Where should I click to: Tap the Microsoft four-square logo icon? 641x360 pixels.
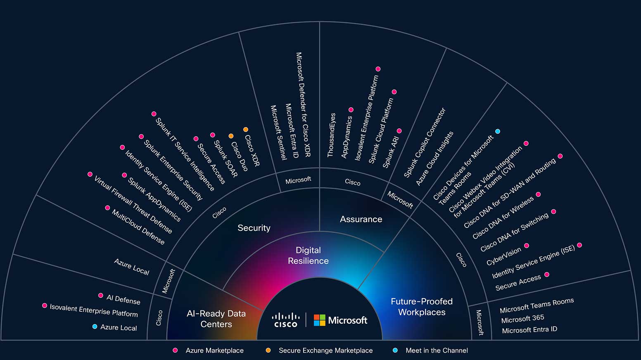[x=319, y=320]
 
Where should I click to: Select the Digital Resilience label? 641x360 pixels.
[x=308, y=256]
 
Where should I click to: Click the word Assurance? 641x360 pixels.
[x=361, y=219]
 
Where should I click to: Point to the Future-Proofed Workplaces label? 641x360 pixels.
[x=422, y=307]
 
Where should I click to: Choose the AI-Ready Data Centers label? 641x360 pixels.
[x=216, y=319]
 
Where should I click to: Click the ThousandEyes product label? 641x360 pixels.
[x=331, y=135]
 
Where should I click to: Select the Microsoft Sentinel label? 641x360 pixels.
[x=278, y=133]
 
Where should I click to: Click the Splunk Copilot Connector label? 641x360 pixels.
[x=425, y=142]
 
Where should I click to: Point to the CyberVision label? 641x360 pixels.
[x=503, y=256]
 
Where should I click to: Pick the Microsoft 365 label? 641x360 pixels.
[x=522, y=319]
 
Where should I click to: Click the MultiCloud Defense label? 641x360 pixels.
[x=138, y=227]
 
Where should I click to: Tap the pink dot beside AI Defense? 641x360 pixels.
[x=101, y=296]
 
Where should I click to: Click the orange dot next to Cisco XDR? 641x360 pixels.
[x=246, y=130]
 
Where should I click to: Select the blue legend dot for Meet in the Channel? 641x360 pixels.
[x=395, y=351]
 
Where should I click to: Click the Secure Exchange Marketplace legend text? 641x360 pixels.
[x=325, y=351]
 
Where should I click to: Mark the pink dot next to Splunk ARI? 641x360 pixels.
[x=399, y=131]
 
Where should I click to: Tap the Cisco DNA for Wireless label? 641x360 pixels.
[x=503, y=217]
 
